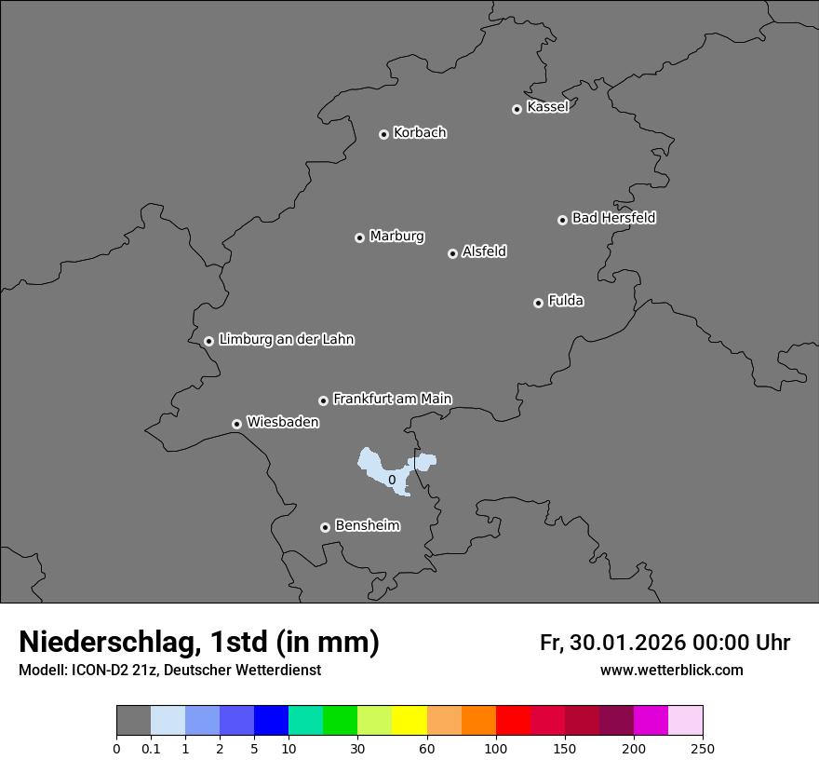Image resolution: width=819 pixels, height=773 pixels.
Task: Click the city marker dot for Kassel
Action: (x=517, y=109)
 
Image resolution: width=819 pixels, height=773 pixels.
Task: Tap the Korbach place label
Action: (x=420, y=133)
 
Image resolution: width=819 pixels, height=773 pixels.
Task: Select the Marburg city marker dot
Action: (x=359, y=237)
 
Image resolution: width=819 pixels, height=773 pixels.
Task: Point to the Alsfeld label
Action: (x=484, y=251)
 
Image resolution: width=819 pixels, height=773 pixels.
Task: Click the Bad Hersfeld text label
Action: (x=613, y=218)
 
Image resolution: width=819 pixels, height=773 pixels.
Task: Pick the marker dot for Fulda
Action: (x=538, y=303)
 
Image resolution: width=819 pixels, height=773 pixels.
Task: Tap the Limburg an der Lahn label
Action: (x=286, y=340)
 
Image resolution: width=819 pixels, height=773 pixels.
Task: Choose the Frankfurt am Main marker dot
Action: (x=323, y=400)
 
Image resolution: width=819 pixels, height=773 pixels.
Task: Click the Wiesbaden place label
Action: (x=282, y=423)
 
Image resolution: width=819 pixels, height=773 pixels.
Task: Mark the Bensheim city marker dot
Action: (x=325, y=527)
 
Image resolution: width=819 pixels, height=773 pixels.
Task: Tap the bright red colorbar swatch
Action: (x=513, y=721)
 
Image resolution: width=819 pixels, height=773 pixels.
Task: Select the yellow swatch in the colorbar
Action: (x=409, y=721)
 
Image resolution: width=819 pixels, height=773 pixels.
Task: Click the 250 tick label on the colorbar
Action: (x=703, y=748)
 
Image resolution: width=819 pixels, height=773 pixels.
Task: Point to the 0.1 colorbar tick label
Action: (x=151, y=748)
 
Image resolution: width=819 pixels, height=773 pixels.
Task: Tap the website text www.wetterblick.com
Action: (x=671, y=671)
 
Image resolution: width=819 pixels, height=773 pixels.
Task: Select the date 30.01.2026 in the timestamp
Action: (x=625, y=643)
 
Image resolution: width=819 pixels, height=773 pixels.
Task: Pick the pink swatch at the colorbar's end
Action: (x=685, y=721)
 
